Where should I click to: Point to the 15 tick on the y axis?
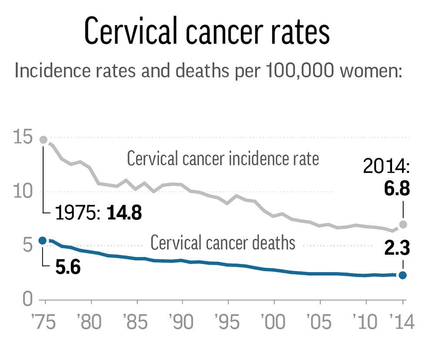click(23, 138)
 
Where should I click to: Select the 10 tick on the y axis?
click(23, 192)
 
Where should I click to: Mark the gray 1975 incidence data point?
click(43, 140)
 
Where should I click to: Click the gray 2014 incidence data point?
click(403, 224)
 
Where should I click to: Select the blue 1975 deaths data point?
click(42, 240)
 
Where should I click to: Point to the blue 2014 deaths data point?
click(403, 275)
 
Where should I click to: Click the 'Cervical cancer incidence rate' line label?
click(223, 159)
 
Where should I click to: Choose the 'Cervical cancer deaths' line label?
click(223, 243)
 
